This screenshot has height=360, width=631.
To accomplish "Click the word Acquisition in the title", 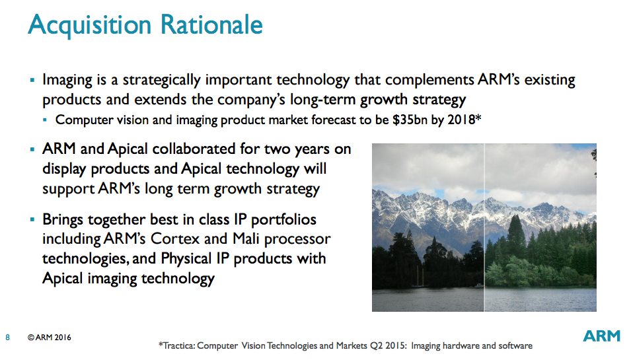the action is coord(90,25).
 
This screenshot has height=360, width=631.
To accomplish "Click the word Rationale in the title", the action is coord(211,24).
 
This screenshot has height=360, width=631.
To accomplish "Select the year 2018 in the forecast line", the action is coord(462,120).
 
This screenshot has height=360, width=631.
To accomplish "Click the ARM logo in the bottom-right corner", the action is coord(602,336).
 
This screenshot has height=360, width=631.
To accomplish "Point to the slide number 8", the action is coord(8,338).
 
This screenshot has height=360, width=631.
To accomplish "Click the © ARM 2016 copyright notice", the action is coord(50,338).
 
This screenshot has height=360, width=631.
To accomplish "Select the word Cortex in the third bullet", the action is coord(175,239).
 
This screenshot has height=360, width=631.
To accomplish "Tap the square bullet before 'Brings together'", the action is coord(32,219).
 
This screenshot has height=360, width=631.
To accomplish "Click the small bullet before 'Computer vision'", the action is coord(45,120).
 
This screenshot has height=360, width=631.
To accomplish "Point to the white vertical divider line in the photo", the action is coord(484,227).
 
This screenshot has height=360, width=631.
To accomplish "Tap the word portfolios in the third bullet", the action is coord(283,220).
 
